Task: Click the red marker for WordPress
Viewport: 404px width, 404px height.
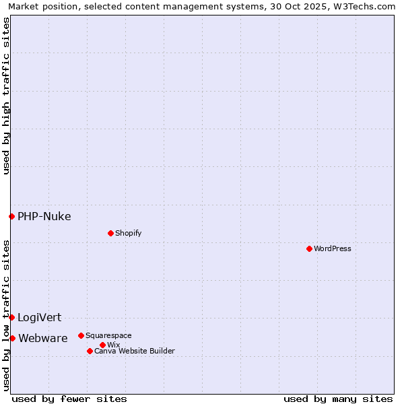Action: (309, 248)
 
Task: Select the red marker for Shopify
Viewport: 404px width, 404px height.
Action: (110, 233)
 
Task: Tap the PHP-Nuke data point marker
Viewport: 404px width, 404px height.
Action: (11, 216)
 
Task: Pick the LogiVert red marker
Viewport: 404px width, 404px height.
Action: (11, 317)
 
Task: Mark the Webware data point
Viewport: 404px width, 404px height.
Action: (12, 338)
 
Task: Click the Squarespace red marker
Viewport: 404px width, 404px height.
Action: (81, 335)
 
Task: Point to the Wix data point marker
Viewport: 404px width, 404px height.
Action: (102, 345)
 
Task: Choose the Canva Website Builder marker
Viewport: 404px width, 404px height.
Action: (90, 351)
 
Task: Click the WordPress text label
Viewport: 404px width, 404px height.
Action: (333, 248)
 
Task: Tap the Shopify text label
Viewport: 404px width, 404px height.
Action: (128, 233)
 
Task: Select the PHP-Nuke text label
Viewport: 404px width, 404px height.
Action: (44, 216)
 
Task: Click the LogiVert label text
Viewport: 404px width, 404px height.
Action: (39, 317)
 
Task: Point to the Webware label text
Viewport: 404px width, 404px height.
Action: (42, 338)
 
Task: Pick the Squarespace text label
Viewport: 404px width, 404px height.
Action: (108, 335)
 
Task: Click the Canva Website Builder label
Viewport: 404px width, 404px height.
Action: (135, 351)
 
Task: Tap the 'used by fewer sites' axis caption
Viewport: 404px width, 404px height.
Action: (69, 399)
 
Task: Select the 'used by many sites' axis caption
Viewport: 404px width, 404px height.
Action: (338, 399)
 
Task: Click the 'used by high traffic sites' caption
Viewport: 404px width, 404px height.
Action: (6, 96)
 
